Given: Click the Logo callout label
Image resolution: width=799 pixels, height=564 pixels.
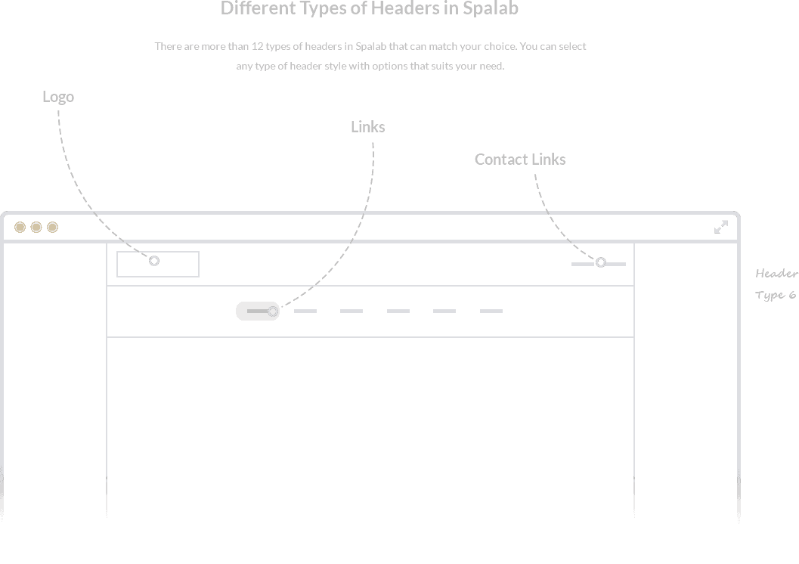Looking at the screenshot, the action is (x=58, y=97).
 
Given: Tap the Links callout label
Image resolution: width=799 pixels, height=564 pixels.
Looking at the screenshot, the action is (x=368, y=127).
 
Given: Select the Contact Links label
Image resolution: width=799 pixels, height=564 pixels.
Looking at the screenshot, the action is (x=520, y=160).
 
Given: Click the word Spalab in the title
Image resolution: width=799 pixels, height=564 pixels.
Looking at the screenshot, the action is (x=490, y=8).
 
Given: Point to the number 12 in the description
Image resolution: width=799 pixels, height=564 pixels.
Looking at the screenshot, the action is (x=257, y=46).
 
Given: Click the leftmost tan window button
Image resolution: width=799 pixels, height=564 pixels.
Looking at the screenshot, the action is (x=20, y=228).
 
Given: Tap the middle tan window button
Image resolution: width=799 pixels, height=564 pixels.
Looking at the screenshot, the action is (x=36, y=228).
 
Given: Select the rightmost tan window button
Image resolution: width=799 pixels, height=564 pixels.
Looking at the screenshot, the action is (x=52, y=228).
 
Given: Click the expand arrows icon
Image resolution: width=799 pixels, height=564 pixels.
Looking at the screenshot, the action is (x=721, y=228).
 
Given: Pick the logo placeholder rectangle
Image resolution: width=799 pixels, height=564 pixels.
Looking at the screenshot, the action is (x=158, y=252).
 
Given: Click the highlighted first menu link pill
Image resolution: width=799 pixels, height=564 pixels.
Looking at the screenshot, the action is (x=258, y=311).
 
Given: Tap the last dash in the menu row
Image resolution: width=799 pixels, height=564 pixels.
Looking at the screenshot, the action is (x=491, y=311).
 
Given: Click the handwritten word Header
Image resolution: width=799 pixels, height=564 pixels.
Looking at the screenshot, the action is (x=776, y=274).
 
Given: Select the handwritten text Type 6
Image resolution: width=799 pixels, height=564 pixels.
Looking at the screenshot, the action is (x=775, y=296).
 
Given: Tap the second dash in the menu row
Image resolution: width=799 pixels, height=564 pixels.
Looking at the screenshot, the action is (x=351, y=311).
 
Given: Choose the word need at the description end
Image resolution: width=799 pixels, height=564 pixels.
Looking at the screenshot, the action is (x=491, y=67).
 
